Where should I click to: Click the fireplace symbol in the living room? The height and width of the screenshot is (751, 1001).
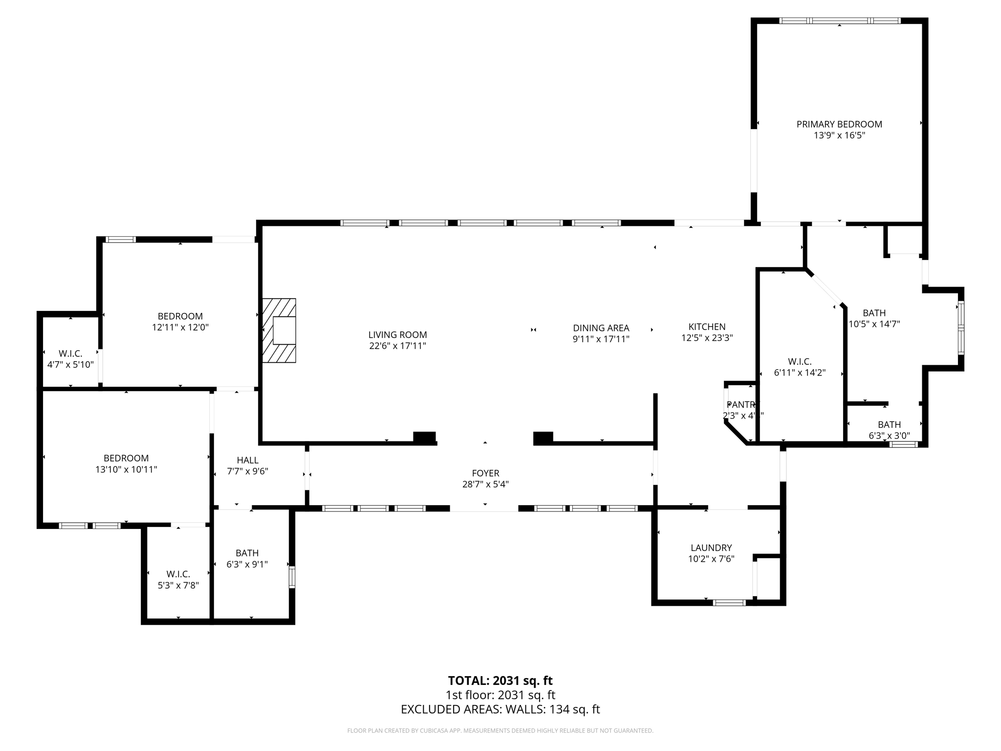(280, 331)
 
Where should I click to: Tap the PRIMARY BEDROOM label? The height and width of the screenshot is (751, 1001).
(839, 124)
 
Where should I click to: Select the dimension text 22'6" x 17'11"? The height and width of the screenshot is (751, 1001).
(397, 346)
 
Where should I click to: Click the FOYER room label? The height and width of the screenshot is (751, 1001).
(485, 473)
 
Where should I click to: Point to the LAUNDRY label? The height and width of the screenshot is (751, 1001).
(711, 548)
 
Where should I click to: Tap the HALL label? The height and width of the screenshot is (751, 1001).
(247, 460)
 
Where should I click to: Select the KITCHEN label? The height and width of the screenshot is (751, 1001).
(707, 327)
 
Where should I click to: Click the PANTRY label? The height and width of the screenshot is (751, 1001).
(741, 405)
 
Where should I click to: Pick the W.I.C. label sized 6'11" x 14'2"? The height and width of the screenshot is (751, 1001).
(800, 362)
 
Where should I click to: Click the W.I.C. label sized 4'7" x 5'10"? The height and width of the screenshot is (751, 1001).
(70, 353)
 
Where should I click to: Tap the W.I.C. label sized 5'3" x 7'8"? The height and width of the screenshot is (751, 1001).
(178, 574)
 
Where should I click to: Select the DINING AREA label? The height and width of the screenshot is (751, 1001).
(601, 328)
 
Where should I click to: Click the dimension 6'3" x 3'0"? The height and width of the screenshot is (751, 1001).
(889, 436)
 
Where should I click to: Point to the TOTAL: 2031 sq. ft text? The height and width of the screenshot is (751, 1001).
(500, 681)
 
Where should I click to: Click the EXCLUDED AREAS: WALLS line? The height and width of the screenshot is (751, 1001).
(500, 709)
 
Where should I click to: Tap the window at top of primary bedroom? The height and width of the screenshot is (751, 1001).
(839, 21)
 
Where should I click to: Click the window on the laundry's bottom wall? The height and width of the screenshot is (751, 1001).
(729, 603)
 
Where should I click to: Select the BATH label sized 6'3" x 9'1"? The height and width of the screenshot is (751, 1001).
(247, 553)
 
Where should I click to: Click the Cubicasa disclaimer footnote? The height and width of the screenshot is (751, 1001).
(500, 731)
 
